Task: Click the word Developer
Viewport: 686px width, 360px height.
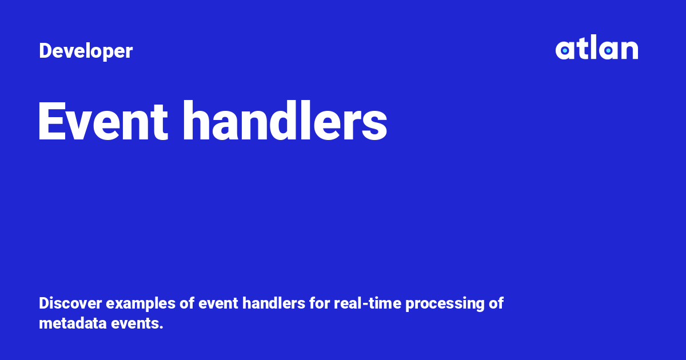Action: coord(86,51)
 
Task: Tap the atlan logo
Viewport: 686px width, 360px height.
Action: coord(596,49)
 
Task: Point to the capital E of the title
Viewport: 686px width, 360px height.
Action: coord(50,122)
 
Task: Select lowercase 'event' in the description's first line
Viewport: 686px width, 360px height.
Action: coord(218,303)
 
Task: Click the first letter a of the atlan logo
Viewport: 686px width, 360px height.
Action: coord(564,51)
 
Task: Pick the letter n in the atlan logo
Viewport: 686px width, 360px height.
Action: coord(629,51)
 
